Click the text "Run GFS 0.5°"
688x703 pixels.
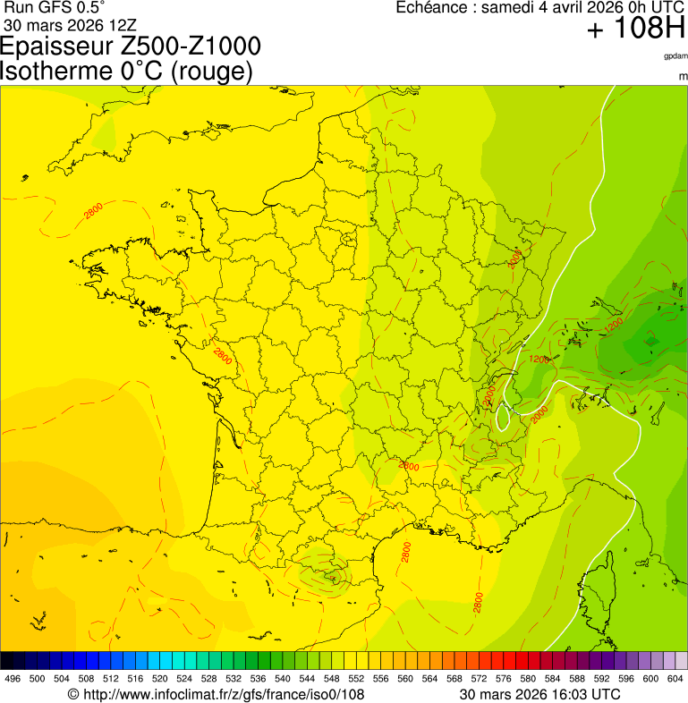pyautogui.click(x=55, y=7)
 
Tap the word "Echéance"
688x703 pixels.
pyautogui.click(x=434, y=8)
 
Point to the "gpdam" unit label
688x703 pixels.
pyautogui.click(x=675, y=56)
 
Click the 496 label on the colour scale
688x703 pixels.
pyautogui.click(x=13, y=680)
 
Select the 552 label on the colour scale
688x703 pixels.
pyautogui.click(x=355, y=680)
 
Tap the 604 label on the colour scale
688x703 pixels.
pyautogui.click(x=675, y=680)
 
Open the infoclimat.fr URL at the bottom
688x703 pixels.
pyautogui.click(x=223, y=694)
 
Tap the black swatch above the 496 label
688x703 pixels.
pyautogui.click(x=7, y=661)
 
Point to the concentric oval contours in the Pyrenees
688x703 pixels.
pyautogui.click(x=324, y=576)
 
